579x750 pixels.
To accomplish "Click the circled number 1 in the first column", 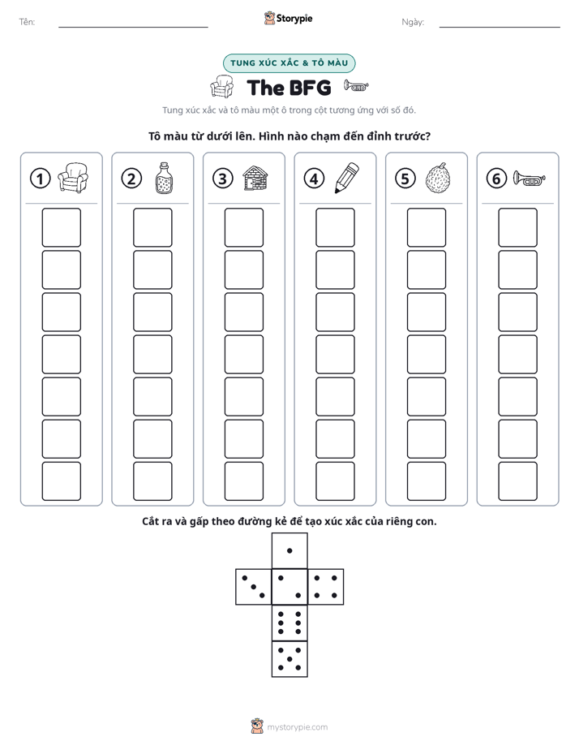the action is point(40,179).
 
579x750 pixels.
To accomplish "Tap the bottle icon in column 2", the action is point(164,178).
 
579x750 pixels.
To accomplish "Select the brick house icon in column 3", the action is point(255,178).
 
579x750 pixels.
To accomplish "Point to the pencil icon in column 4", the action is point(347,178).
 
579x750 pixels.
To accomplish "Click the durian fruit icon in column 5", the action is point(438,178).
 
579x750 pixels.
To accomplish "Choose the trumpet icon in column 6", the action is point(529,179).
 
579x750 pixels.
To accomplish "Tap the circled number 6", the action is point(496,179).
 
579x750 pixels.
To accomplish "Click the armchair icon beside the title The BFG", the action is point(221,87).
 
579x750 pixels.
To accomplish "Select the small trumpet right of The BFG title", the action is point(356,86).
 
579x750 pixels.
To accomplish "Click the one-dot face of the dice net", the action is point(289,551).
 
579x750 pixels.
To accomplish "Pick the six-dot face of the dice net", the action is point(289,623).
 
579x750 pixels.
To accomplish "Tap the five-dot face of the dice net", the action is point(289,659).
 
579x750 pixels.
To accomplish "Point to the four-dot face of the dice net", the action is point(326,587).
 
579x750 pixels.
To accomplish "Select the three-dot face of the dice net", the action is point(254,587).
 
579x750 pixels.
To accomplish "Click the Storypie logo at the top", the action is point(288,18).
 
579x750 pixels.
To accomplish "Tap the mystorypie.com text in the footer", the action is point(297,727).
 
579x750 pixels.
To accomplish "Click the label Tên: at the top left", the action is point(27,22).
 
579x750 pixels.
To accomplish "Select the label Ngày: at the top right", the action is point(413,22).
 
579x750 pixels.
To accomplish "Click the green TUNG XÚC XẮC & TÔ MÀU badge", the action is point(289,63).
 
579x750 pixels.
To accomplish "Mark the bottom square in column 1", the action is point(61,481).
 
